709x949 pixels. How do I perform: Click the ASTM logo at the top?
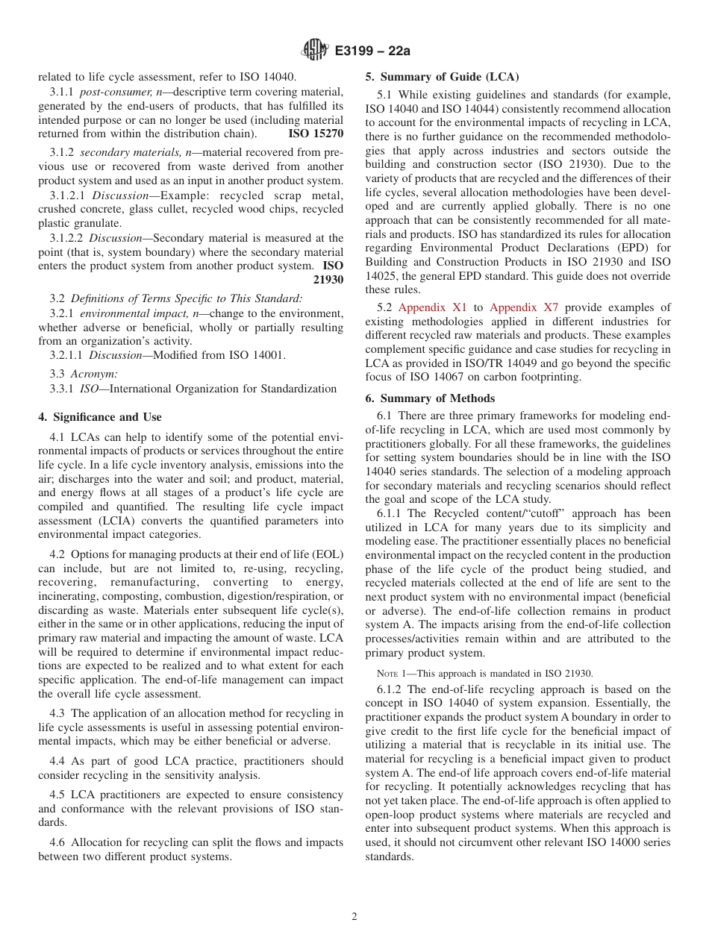(x=314, y=51)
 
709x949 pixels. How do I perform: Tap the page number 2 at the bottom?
(x=354, y=917)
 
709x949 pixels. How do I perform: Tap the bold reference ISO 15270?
(x=316, y=134)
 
